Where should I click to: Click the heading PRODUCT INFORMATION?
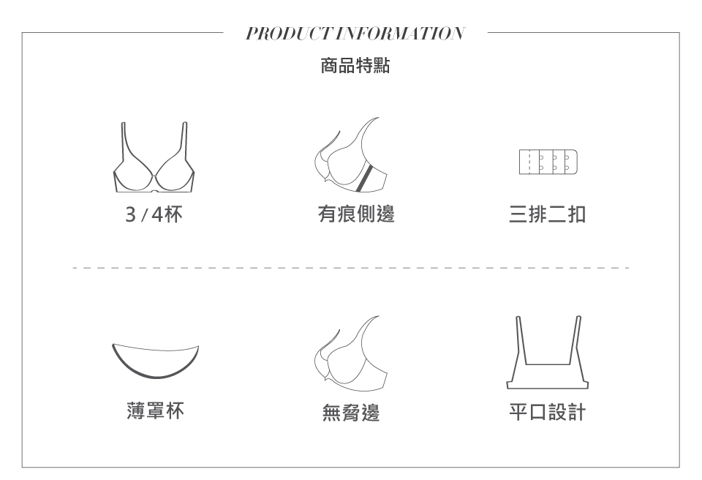pos(355,34)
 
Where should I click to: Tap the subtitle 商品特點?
pos(355,67)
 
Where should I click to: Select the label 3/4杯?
pos(154,214)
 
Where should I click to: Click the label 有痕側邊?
pos(356,214)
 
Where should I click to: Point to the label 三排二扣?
pos(548,214)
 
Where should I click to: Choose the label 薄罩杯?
pos(154,412)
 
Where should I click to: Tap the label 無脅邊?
pos(351,414)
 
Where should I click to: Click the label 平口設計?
pos(548,413)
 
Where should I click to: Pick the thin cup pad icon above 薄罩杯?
pos(154,360)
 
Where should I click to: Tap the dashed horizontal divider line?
pos(351,268)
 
